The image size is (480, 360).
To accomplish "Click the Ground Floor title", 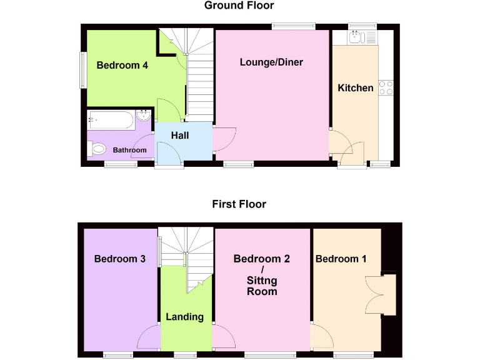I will [239, 6].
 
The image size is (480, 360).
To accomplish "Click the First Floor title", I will [239, 204].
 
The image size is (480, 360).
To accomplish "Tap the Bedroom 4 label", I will [122, 65].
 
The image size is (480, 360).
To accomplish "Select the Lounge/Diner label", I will [272, 62].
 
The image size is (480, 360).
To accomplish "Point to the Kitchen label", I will [356, 88].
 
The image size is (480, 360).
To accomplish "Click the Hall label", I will [180, 136].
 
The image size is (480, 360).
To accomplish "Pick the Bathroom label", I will [130, 150].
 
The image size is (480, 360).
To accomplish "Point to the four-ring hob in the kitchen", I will [386, 87].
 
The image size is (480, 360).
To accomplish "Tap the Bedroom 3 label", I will [120, 259].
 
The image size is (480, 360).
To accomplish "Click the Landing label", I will [184, 317].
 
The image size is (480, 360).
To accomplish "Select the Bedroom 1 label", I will [341, 259].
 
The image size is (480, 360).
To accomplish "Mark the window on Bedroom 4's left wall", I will [81, 69].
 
